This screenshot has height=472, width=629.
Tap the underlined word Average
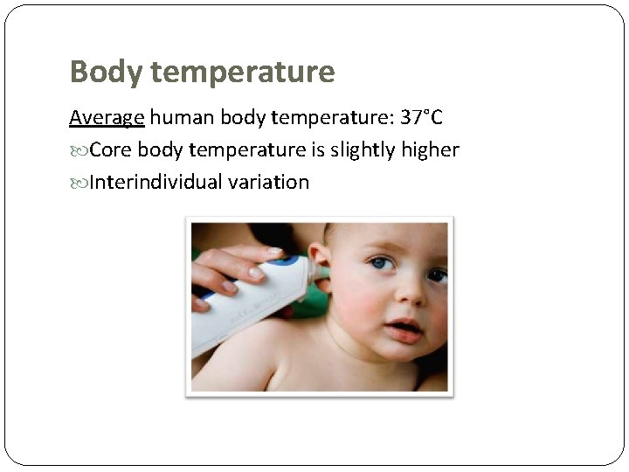pyautogui.click(x=107, y=117)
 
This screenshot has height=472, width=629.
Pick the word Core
pyautogui.click(x=111, y=150)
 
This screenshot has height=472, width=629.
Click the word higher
pyautogui.click(x=431, y=150)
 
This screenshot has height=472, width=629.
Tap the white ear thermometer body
pyautogui.click(x=245, y=302)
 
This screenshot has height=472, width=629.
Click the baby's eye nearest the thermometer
pyautogui.click(x=380, y=262)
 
